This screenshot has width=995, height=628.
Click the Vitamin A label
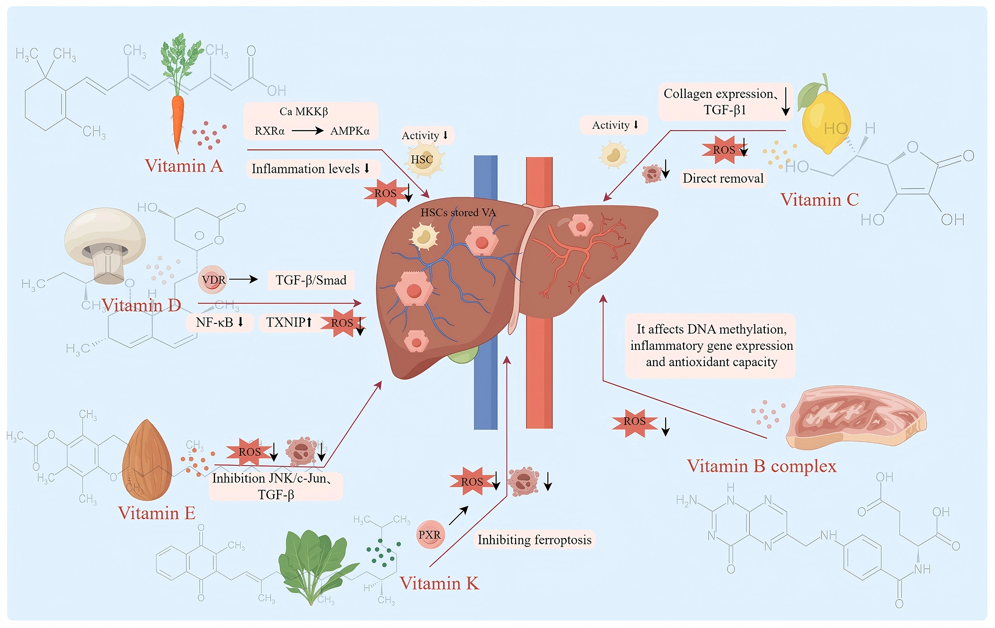(184, 166)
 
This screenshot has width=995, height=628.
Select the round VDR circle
(213, 280)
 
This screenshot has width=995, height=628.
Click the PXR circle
(429, 535)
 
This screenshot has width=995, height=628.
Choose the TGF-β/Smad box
(311, 280)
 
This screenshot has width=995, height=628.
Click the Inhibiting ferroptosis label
(535, 540)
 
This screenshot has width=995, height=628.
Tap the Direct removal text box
(723, 179)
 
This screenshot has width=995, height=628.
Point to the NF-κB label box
(220, 322)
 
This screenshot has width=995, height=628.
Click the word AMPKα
(350, 131)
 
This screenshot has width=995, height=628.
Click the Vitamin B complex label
(761, 466)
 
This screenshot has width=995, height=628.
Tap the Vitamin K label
(439, 583)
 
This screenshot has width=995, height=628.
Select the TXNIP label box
(288, 322)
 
